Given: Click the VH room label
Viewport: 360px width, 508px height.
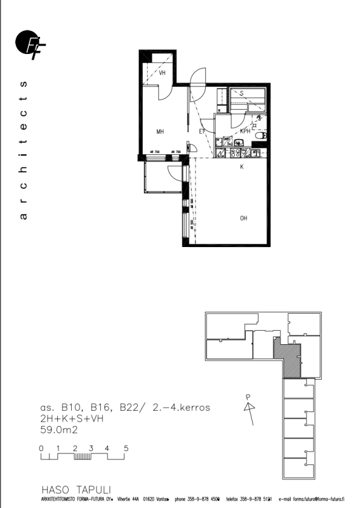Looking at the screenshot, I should click(x=163, y=73).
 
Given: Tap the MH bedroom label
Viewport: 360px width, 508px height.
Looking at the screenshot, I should click(x=161, y=131).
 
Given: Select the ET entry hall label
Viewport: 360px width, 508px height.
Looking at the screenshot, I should click(x=202, y=131).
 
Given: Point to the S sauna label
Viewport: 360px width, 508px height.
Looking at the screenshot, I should click(x=242, y=93).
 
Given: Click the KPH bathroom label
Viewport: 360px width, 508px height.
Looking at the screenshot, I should click(x=244, y=131).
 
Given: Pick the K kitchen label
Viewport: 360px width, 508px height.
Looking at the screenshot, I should click(x=241, y=167).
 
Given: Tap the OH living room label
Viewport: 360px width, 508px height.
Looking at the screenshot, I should click(x=243, y=218).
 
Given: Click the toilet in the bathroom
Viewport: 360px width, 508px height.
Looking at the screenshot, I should click(x=258, y=135).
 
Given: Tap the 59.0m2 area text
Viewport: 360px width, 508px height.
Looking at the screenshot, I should click(x=60, y=429).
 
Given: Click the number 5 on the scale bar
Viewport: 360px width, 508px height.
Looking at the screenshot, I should click(x=126, y=448).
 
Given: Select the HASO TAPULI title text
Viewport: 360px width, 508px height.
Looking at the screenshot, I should click(x=76, y=490).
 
